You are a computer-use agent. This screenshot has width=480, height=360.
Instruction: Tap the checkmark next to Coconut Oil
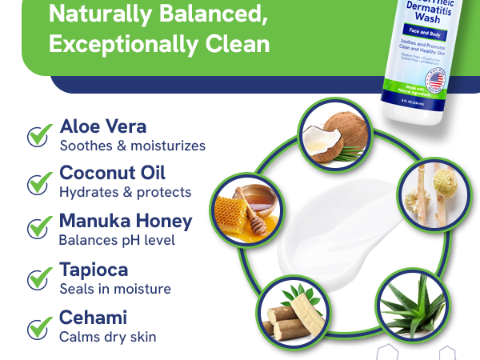tap(39, 182)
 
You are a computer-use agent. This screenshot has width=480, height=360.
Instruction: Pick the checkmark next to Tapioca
tap(39, 278)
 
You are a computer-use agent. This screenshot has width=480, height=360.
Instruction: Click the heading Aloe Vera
tap(103, 126)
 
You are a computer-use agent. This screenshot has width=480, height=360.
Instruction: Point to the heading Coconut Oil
tap(112, 174)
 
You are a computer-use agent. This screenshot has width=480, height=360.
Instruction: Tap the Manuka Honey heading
tap(126, 221)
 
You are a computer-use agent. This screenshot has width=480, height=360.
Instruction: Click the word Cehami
tap(93, 318)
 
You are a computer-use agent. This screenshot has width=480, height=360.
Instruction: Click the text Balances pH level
tap(117, 239)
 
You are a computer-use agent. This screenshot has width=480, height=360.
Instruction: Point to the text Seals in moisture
tap(115, 288)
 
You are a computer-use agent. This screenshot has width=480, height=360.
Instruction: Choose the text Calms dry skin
tap(107, 336)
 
